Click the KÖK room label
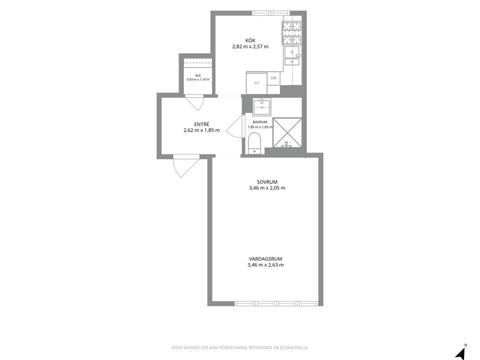coord(250,41)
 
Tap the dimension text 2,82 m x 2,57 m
coord(250,47)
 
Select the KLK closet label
coord(198,75)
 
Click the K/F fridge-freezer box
coord(256,83)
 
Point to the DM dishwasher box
coord(273,78)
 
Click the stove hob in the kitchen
coord(292,33)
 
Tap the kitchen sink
coord(292,56)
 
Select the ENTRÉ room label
coord(202,124)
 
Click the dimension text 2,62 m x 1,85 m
coord(202,130)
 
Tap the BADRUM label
coord(260,122)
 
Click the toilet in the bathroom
coord(255,143)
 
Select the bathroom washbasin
coord(262,106)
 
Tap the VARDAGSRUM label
coord(266,259)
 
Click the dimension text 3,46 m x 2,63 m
coord(266,265)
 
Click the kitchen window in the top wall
coord(270,13)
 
